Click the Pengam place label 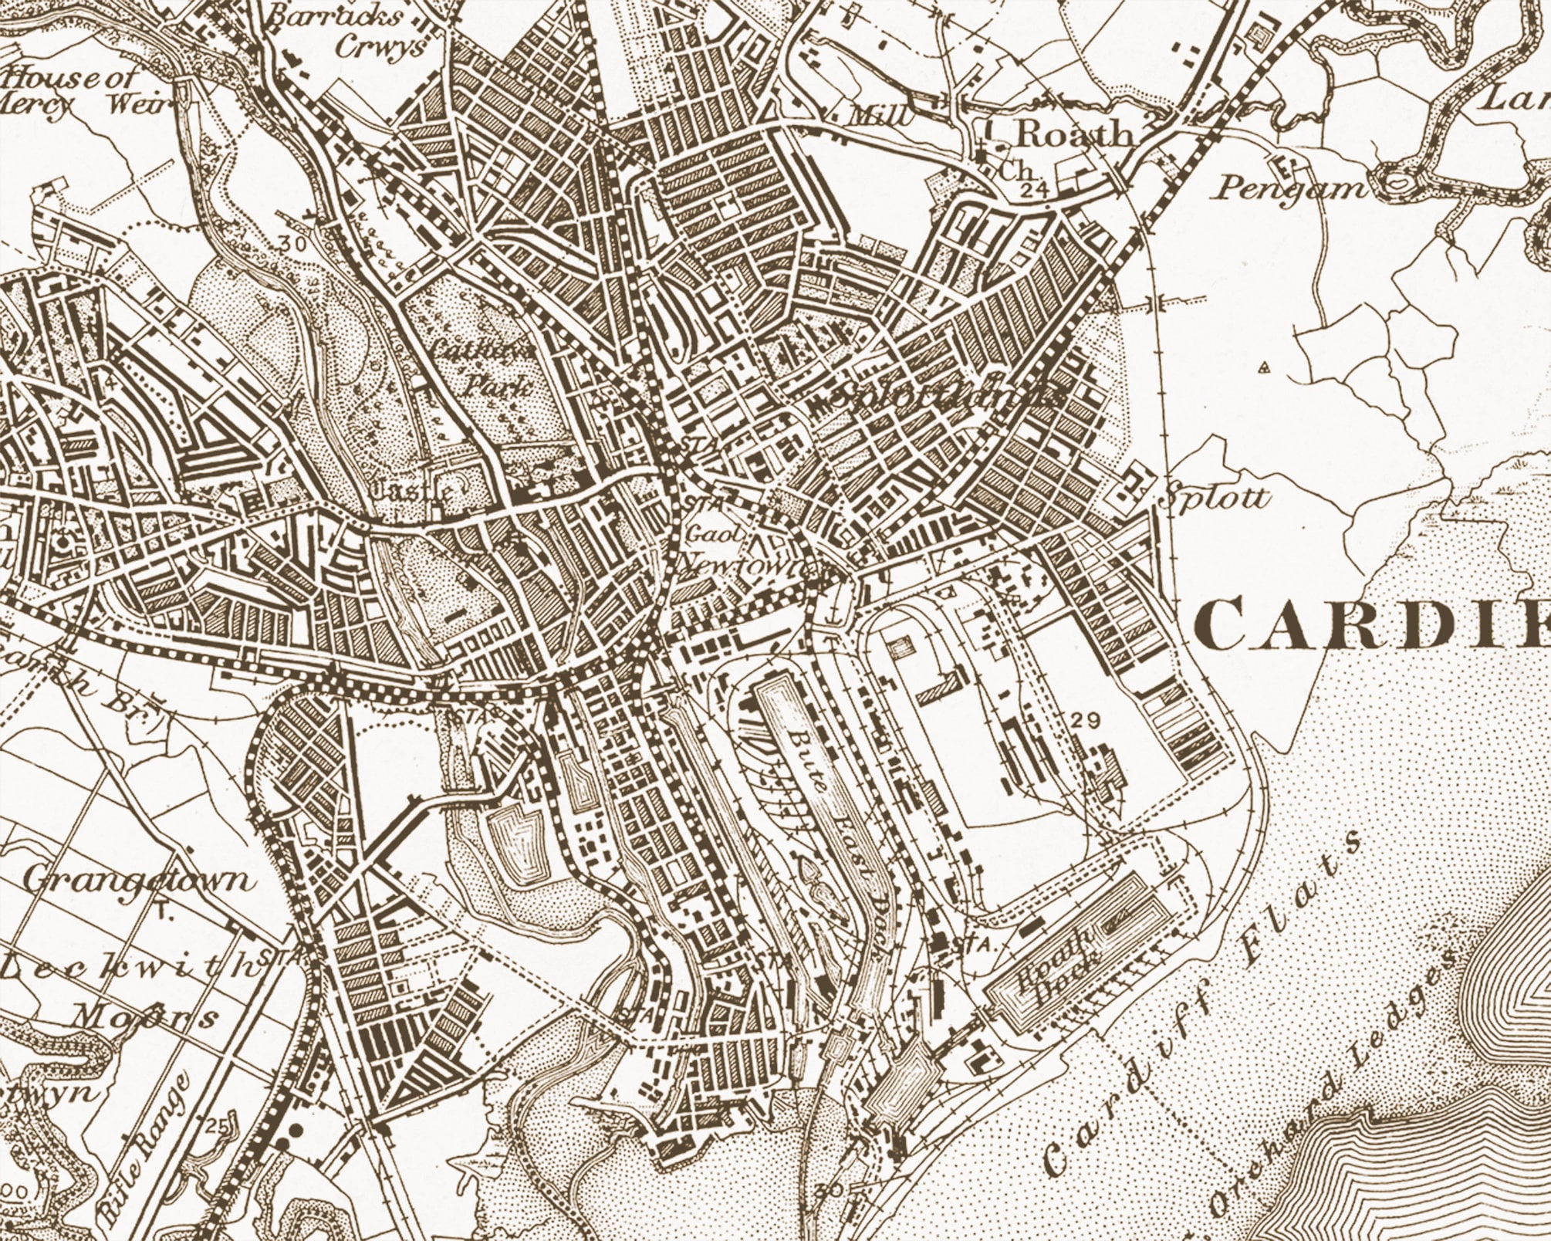click(x=1287, y=188)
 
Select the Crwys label click(x=381, y=46)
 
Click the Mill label click(x=880, y=116)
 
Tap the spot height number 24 click(x=1029, y=189)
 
